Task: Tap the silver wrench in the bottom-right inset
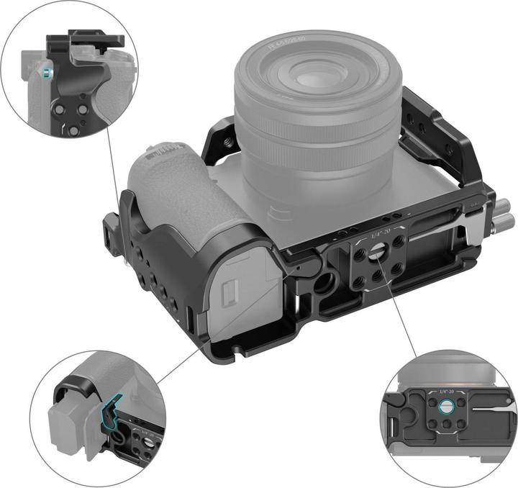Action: (482, 410)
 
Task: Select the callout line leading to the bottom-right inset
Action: (403, 317)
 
